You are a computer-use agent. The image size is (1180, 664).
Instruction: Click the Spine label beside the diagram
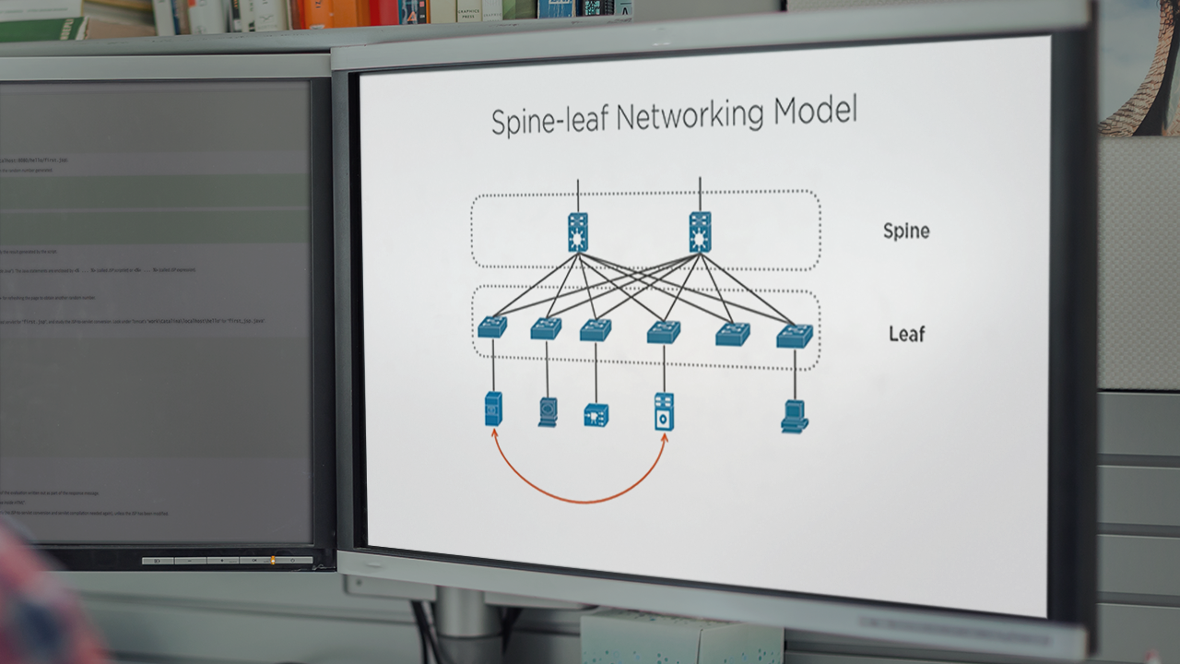pyautogui.click(x=905, y=231)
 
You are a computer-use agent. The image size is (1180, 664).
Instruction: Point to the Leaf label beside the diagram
pyautogui.click(x=906, y=334)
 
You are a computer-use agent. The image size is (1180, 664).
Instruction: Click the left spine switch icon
pyautogui.click(x=578, y=231)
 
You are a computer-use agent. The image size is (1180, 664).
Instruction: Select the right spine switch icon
pyautogui.click(x=700, y=231)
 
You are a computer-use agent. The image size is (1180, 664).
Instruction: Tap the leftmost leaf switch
pyautogui.click(x=492, y=326)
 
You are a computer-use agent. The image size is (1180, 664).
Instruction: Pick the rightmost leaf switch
pyautogui.click(x=794, y=336)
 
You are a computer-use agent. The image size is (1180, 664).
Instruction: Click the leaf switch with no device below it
pyautogui.click(x=733, y=334)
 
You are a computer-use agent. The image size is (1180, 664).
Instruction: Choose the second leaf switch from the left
pyautogui.click(x=546, y=328)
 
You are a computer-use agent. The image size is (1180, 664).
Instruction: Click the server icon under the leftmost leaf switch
pyautogui.click(x=493, y=408)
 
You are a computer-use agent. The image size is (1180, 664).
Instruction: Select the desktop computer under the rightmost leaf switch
pyautogui.click(x=794, y=417)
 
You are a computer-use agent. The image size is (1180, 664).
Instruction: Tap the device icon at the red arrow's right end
pyautogui.click(x=664, y=412)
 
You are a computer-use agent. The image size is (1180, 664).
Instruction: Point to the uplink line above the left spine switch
pyautogui.click(x=578, y=196)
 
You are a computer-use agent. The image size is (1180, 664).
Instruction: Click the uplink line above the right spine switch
pyautogui.click(x=700, y=195)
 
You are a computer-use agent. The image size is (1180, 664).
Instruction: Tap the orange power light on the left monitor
pyautogui.click(x=271, y=560)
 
